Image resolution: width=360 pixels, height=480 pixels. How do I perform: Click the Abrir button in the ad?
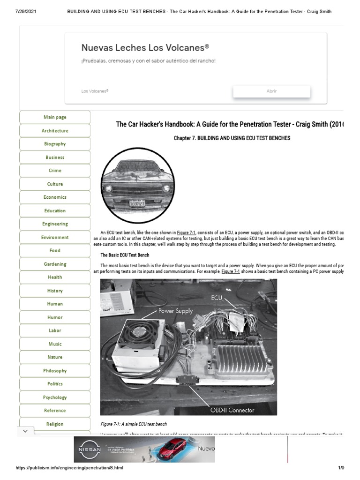tap(271, 91)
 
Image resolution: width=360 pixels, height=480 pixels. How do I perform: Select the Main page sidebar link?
tap(55, 117)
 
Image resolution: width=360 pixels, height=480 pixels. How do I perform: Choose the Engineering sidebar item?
tap(55, 224)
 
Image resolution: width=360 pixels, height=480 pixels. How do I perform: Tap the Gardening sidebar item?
tap(55, 264)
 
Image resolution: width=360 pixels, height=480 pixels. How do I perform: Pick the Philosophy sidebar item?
tap(55, 371)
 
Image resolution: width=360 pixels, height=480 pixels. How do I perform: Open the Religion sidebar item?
tap(55, 424)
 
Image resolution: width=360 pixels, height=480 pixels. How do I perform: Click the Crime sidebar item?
tap(55, 171)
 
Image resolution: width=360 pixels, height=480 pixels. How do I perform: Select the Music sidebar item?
tap(55, 344)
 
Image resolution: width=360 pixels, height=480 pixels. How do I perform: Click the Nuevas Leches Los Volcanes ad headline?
tap(145, 48)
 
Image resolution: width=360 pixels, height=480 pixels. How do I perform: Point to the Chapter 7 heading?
tap(232, 138)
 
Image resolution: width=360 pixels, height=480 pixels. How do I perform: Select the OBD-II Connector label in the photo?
tap(232, 410)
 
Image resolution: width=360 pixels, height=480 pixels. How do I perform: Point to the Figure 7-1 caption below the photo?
tap(134, 424)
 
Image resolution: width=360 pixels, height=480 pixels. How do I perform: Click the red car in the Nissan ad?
tap(172, 450)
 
